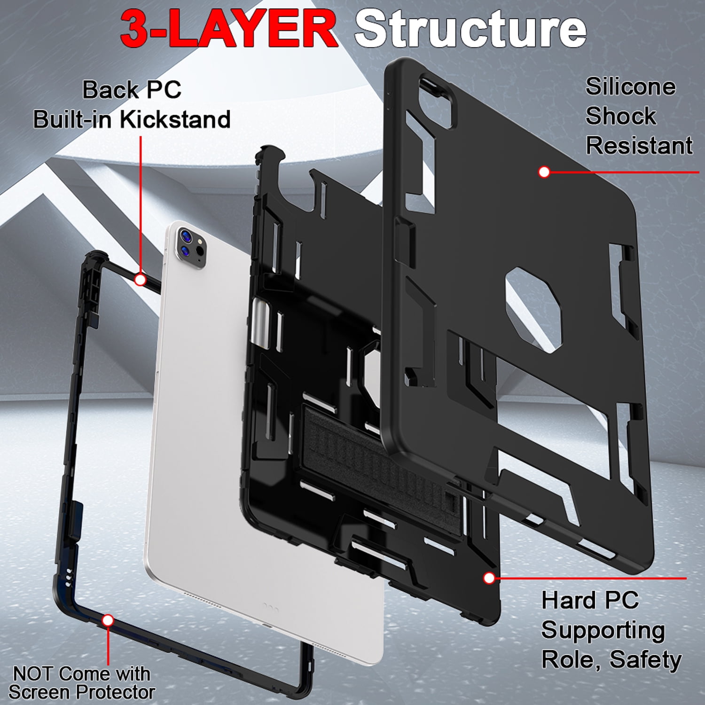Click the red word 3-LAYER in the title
click(229, 29)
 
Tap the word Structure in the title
click(470, 29)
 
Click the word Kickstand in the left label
click(175, 119)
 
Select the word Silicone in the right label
click(630, 86)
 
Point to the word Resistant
click(639, 145)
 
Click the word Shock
click(620, 116)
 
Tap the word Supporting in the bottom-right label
click(603, 631)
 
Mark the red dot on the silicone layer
click(544, 172)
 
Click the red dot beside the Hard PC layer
click(489, 578)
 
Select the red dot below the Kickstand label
click(140, 280)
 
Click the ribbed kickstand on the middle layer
click(376, 451)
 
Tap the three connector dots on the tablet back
click(271, 607)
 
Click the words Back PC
click(132, 89)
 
